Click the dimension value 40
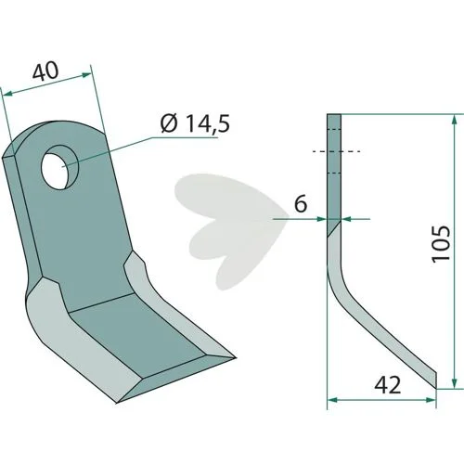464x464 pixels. pyautogui.click(x=45, y=71)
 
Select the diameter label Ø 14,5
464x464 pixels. pyautogui.click(x=196, y=123)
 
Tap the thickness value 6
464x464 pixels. pyautogui.click(x=301, y=203)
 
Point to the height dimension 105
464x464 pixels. pyautogui.click(x=441, y=244)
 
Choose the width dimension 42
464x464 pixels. pyautogui.click(x=388, y=385)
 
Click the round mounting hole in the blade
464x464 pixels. pyautogui.click(x=60, y=166)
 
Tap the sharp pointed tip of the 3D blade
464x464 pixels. pyautogui.click(x=235, y=358)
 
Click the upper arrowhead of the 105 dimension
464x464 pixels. pyautogui.click(x=454, y=120)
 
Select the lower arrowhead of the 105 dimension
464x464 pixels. pyautogui.click(x=454, y=383)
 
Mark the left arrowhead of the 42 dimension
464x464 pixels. pyautogui.click(x=332, y=400)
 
